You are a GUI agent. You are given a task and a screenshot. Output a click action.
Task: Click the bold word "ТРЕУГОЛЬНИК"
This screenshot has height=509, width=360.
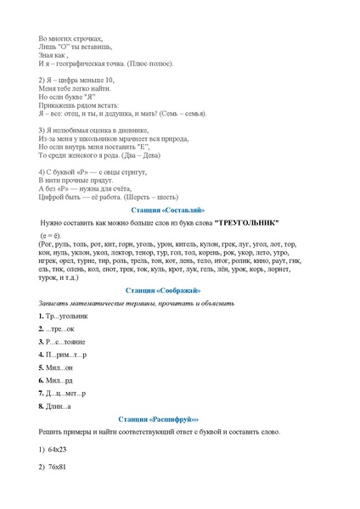click(246, 222)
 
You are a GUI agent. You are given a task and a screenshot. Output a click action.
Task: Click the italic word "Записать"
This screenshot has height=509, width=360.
click(53, 303)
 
